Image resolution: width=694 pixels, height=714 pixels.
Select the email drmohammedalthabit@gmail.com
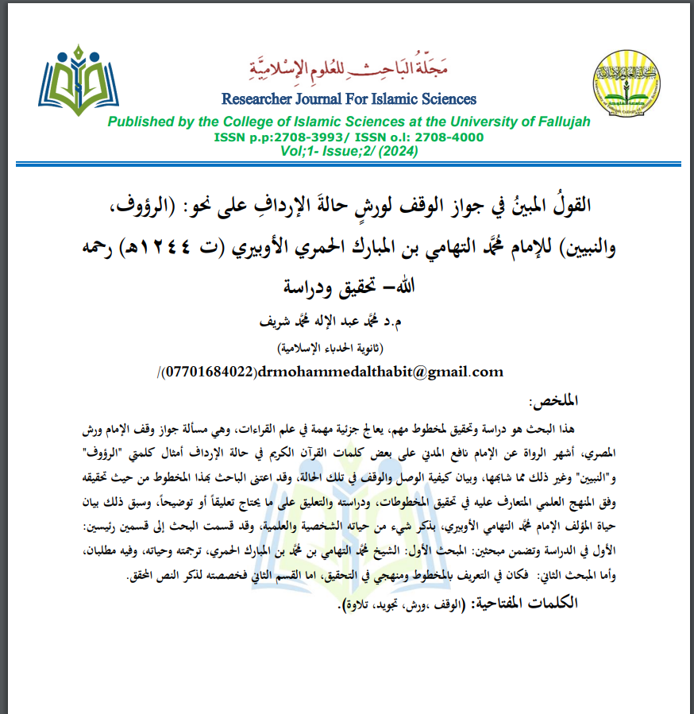tap(384, 371)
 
